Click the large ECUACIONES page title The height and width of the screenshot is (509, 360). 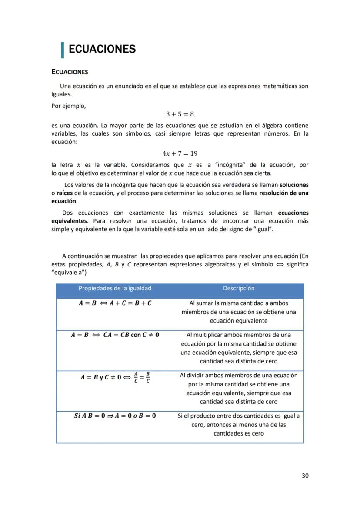click(102, 49)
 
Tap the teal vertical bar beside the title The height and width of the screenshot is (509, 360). click(63, 50)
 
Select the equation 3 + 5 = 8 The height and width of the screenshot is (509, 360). click(180, 114)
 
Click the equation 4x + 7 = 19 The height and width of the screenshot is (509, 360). click(180, 153)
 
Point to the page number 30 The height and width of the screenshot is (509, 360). click(305, 476)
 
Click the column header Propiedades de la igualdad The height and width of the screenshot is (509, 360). click(115, 288)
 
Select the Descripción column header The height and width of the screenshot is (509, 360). click(238, 288)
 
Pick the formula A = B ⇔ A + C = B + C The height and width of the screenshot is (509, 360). click(115, 303)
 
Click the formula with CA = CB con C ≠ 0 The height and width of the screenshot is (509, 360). click(115, 335)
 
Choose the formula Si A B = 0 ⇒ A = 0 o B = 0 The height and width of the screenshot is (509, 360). click(115, 416)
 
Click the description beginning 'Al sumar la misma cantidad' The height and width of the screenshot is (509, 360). click(238, 312)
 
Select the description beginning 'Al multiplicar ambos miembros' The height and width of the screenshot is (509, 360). click(238, 348)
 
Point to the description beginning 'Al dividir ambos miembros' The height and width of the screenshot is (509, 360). click(238, 388)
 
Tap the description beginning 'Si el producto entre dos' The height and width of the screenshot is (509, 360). click(238, 424)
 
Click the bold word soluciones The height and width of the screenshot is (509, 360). click(294, 185)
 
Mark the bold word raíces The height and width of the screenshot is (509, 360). click(65, 193)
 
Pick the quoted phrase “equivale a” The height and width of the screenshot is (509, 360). click(69, 273)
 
